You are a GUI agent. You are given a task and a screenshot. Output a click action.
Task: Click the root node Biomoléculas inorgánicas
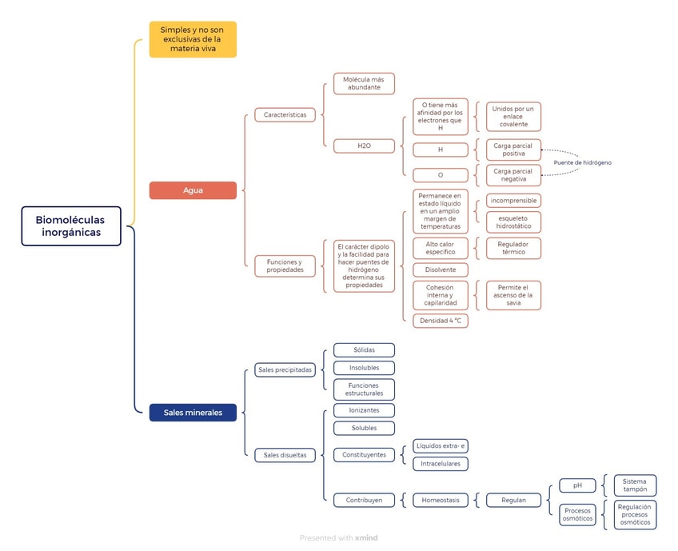pyautogui.click(x=71, y=226)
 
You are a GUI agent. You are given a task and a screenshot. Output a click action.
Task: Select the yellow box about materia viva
pyautogui.click(x=193, y=39)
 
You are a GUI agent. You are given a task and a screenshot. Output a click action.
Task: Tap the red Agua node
pyautogui.click(x=193, y=190)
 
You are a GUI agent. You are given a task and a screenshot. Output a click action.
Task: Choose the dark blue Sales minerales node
pyautogui.click(x=193, y=413)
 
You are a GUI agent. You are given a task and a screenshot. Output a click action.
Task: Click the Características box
pyautogui.click(x=285, y=114)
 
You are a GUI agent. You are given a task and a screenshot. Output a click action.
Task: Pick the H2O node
pyautogui.click(x=364, y=146)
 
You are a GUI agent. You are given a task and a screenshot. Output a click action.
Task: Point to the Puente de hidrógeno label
pyautogui.click(x=582, y=162)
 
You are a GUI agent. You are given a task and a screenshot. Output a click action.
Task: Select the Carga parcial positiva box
pyautogui.click(x=513, y=150)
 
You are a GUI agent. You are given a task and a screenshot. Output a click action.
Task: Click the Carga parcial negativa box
pyautogui.click(x=513, y=175)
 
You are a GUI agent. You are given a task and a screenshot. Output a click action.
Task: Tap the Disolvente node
pyautogui.click(x=441, y=270)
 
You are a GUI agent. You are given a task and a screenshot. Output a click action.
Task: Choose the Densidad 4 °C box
pyautogui.click(x=441, y=321)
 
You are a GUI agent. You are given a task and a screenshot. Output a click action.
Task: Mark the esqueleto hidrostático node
pyautogui.click(x=513, y=222)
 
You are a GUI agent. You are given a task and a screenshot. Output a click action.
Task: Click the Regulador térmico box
pyautogui.click(x=513, y=248)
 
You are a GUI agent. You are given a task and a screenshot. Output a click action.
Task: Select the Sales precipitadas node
pyautogui.click(x=285, y=369)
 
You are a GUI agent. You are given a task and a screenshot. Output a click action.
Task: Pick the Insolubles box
pyautogui.click(x=364, y=368)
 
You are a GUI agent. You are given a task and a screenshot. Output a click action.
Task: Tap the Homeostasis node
pyautogui.click(x=441, y=500)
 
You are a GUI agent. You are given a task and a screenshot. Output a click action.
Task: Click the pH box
pyautogui.click(x=577, y=485)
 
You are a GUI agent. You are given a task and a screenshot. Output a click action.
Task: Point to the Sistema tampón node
pyautogui.click(x=635, y=485)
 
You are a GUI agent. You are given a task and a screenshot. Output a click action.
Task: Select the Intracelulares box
pyautogui.click(x=441, y=464)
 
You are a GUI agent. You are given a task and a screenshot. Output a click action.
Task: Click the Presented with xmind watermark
pyautogui.click(x=338, y=537)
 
